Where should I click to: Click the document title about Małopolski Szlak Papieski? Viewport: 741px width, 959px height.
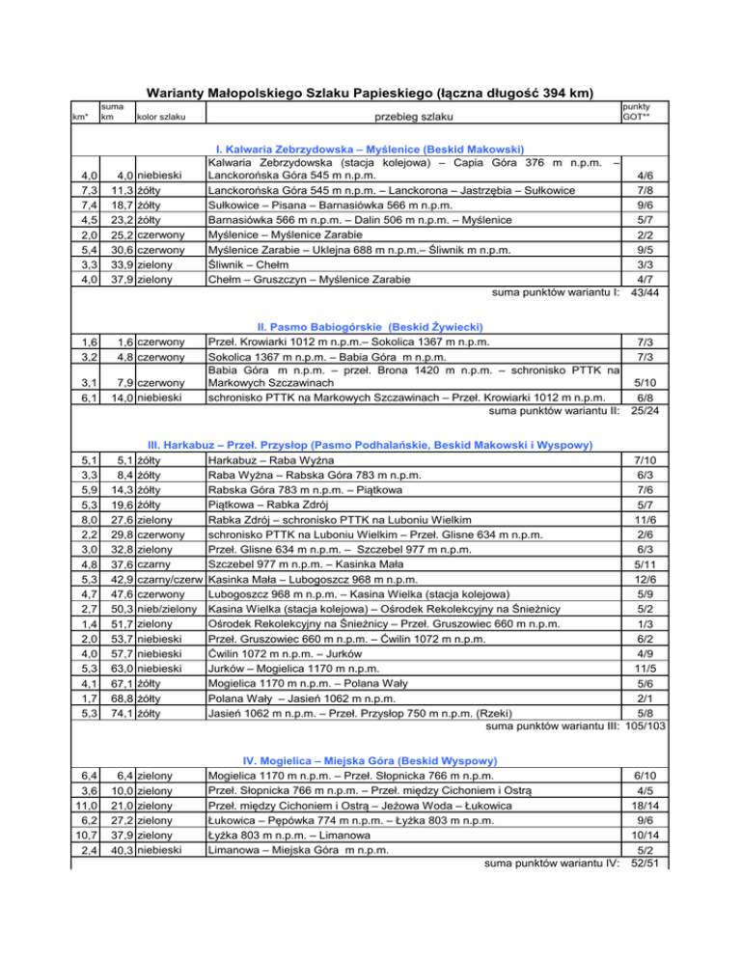click(x=369, y=94)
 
